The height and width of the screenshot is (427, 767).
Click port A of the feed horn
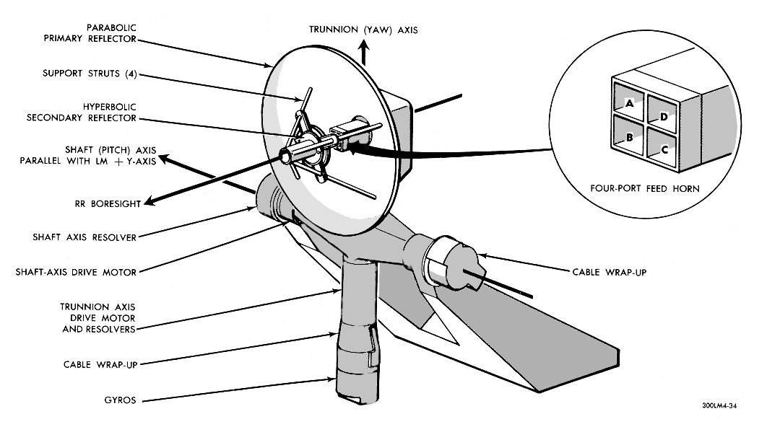629,102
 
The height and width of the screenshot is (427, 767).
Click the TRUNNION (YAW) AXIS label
363,30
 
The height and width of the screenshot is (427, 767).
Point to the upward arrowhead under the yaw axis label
364,48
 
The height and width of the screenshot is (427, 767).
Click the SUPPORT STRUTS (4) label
90,73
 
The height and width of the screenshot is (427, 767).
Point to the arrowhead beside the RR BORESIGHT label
148,203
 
